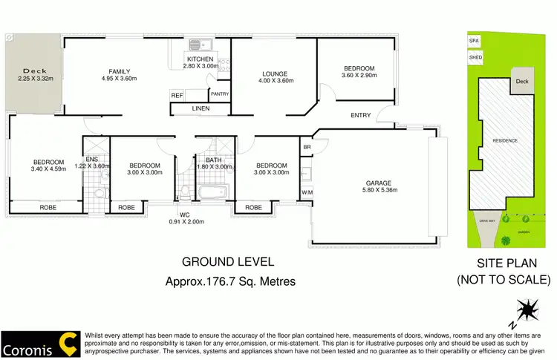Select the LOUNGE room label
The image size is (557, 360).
(x=274, y=73)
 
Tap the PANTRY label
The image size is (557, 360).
(x=220, y=94)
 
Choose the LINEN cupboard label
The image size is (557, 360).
(x=200, y=109)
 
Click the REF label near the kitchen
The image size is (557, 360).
(x=177, y=95)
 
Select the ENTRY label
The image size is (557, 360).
(x=362, y=115)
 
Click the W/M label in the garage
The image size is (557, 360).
(x=307, y=193)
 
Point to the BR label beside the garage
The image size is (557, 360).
(x=307, y=148)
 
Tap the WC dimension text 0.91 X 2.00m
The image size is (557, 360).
(x=185, y=221)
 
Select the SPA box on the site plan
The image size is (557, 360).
(x=473, y=42)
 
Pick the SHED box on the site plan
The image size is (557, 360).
(x=474, y=56)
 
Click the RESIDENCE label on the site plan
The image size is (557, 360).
(x=504, y=140)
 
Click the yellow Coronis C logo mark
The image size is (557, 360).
(x=68, y=343)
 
